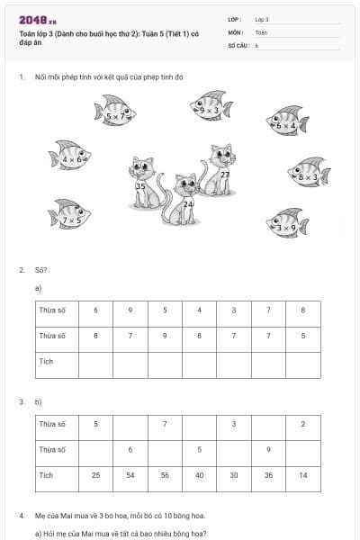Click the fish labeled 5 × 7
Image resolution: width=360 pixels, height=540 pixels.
coord(115,112)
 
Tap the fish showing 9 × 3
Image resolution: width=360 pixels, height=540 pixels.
coord(211,106)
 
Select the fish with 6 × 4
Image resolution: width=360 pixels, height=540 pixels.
coord(287,121)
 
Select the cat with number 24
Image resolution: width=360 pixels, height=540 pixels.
coord(184,199)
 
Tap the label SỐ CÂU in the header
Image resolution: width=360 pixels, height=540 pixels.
coord(238,44)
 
